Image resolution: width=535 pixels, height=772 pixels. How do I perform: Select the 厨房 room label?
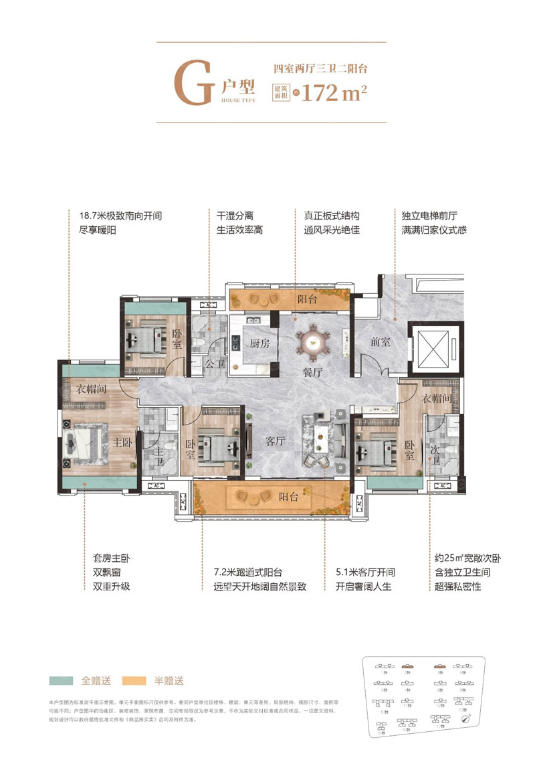[259, 343]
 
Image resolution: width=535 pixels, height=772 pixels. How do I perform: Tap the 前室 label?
[381, 341]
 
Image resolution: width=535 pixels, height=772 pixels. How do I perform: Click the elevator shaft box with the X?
[435, 348]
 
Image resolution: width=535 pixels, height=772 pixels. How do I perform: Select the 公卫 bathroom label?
[213, 364]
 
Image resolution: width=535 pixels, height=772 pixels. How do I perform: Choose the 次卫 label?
[437, 452]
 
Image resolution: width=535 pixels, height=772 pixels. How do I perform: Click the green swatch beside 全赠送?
[62, 680]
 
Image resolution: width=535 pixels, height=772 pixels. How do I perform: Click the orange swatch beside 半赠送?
[135, 680]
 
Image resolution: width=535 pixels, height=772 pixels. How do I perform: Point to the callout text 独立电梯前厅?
[428, 216]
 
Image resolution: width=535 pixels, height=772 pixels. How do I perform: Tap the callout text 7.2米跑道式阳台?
[245, 574]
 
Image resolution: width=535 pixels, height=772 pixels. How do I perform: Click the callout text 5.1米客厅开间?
[366, 574]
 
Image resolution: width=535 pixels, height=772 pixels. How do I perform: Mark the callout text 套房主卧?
[111, 557]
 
